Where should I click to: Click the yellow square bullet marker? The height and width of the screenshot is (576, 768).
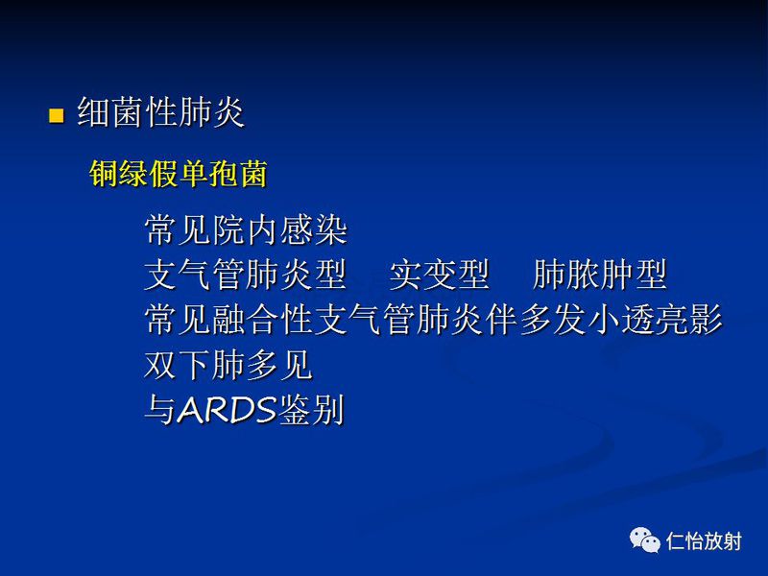point(56,116)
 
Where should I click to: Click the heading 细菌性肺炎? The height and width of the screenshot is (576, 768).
point(160,114)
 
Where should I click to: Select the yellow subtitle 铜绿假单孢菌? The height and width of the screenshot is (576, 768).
point(178,174)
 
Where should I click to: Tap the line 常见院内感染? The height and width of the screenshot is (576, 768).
point(245,230)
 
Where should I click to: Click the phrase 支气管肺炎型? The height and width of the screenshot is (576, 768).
point(245,276)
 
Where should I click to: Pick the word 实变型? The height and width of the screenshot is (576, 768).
point(439,276)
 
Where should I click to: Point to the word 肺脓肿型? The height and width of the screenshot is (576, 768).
point(600,276)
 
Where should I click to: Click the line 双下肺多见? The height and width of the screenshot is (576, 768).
point(228,365)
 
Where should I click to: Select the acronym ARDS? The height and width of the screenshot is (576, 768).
point(226,411)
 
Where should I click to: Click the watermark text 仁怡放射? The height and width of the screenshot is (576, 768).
point(704,541)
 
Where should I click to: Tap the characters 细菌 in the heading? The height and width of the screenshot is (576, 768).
point(109,114)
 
